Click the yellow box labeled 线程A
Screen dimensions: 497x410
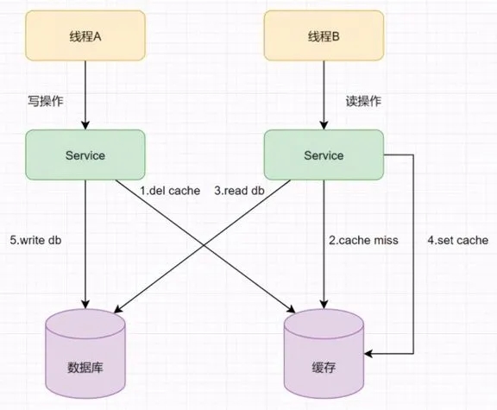pos(85,35)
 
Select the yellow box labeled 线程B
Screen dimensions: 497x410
pos(324,35)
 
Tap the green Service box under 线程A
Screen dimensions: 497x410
pos(85,155)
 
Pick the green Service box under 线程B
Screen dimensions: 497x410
pos(324,155)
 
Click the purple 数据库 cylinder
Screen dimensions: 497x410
pos(85,354)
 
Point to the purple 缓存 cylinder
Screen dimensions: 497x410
pos(324,354)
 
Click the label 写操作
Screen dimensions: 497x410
pos(46,101)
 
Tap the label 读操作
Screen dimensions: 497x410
pos(363,101)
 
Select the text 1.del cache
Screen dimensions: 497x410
pos(170,191)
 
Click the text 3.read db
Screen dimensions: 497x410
pos(239,191)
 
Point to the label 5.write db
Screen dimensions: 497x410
pos(35,240)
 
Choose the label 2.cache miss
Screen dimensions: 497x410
pos(363,240)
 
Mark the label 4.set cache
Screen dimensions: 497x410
pos(457,240)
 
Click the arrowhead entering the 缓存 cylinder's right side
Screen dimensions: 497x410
pos(368,353)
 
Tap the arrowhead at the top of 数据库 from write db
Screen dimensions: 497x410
pos(85,305)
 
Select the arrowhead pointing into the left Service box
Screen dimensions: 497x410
pos(85,125)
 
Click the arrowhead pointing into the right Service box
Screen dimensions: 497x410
pos(324,125)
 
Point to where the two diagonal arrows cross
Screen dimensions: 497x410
pos(204,245)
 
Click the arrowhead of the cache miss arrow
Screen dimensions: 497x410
pos(324,305)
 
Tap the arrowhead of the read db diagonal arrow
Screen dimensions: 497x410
pos(117,309)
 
